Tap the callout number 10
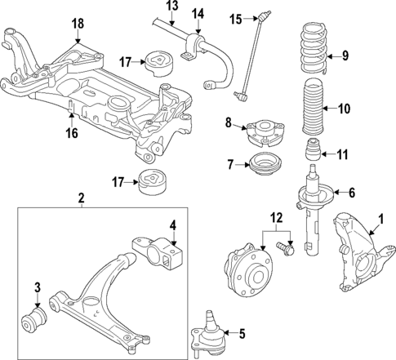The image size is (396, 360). [x=345, y=107]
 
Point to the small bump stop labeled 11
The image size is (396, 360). [x=312, y=151]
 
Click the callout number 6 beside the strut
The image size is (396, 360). [x=352, y=193]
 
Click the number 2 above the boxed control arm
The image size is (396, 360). [x=81, y=198]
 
